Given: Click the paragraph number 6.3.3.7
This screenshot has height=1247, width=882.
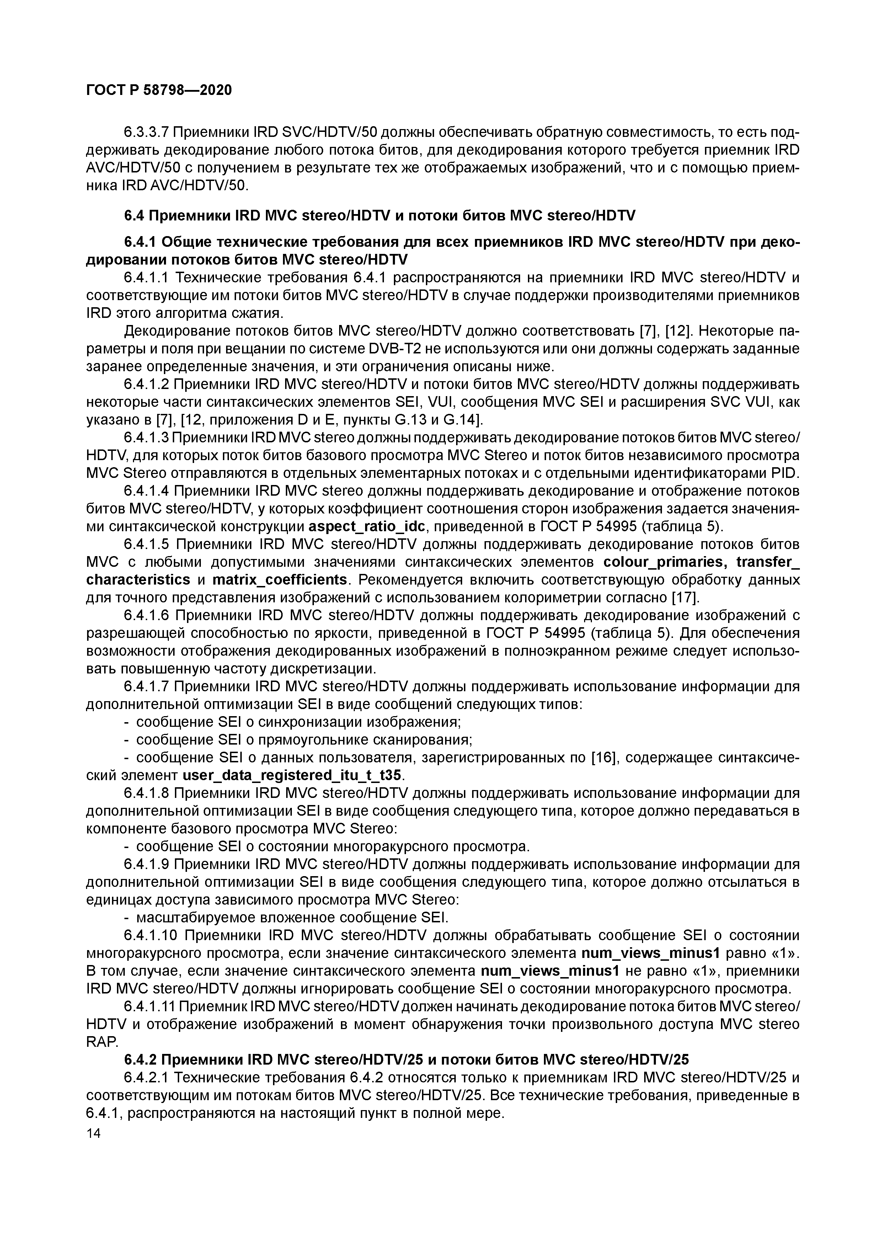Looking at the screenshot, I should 148,133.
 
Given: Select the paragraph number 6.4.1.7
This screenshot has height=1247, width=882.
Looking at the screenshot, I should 148,687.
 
